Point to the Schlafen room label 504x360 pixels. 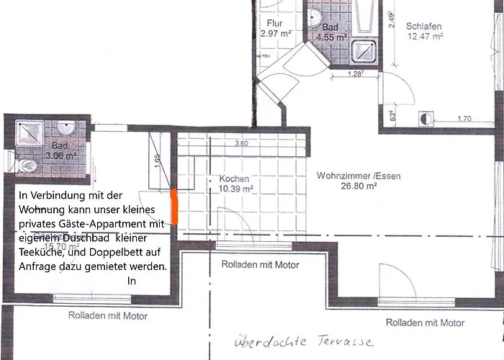(424, 27)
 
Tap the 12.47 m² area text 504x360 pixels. (425, 36)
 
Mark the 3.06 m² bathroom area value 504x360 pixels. (61, 155)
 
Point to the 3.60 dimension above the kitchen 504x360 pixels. (242, 143)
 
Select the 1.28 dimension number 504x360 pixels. (354, 73)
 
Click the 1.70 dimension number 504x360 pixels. (464, 119)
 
